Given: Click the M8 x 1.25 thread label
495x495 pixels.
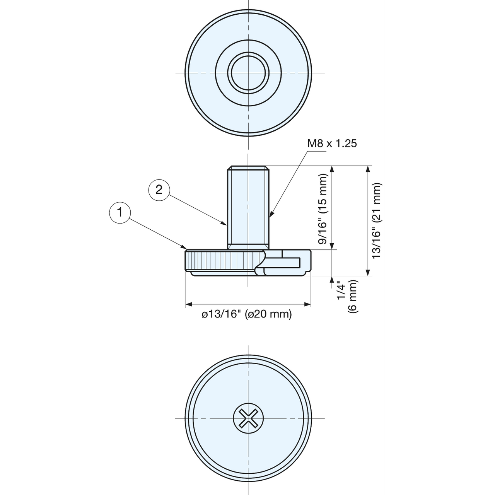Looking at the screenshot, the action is [x=332, y=143].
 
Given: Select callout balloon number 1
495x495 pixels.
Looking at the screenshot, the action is [x=120, y=213].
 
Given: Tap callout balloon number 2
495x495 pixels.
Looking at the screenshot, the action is [x=159, y=190].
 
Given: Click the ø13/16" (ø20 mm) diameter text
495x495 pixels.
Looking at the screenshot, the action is [x=247, y=314].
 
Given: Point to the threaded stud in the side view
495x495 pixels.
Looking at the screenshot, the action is [x=248, y=208].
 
